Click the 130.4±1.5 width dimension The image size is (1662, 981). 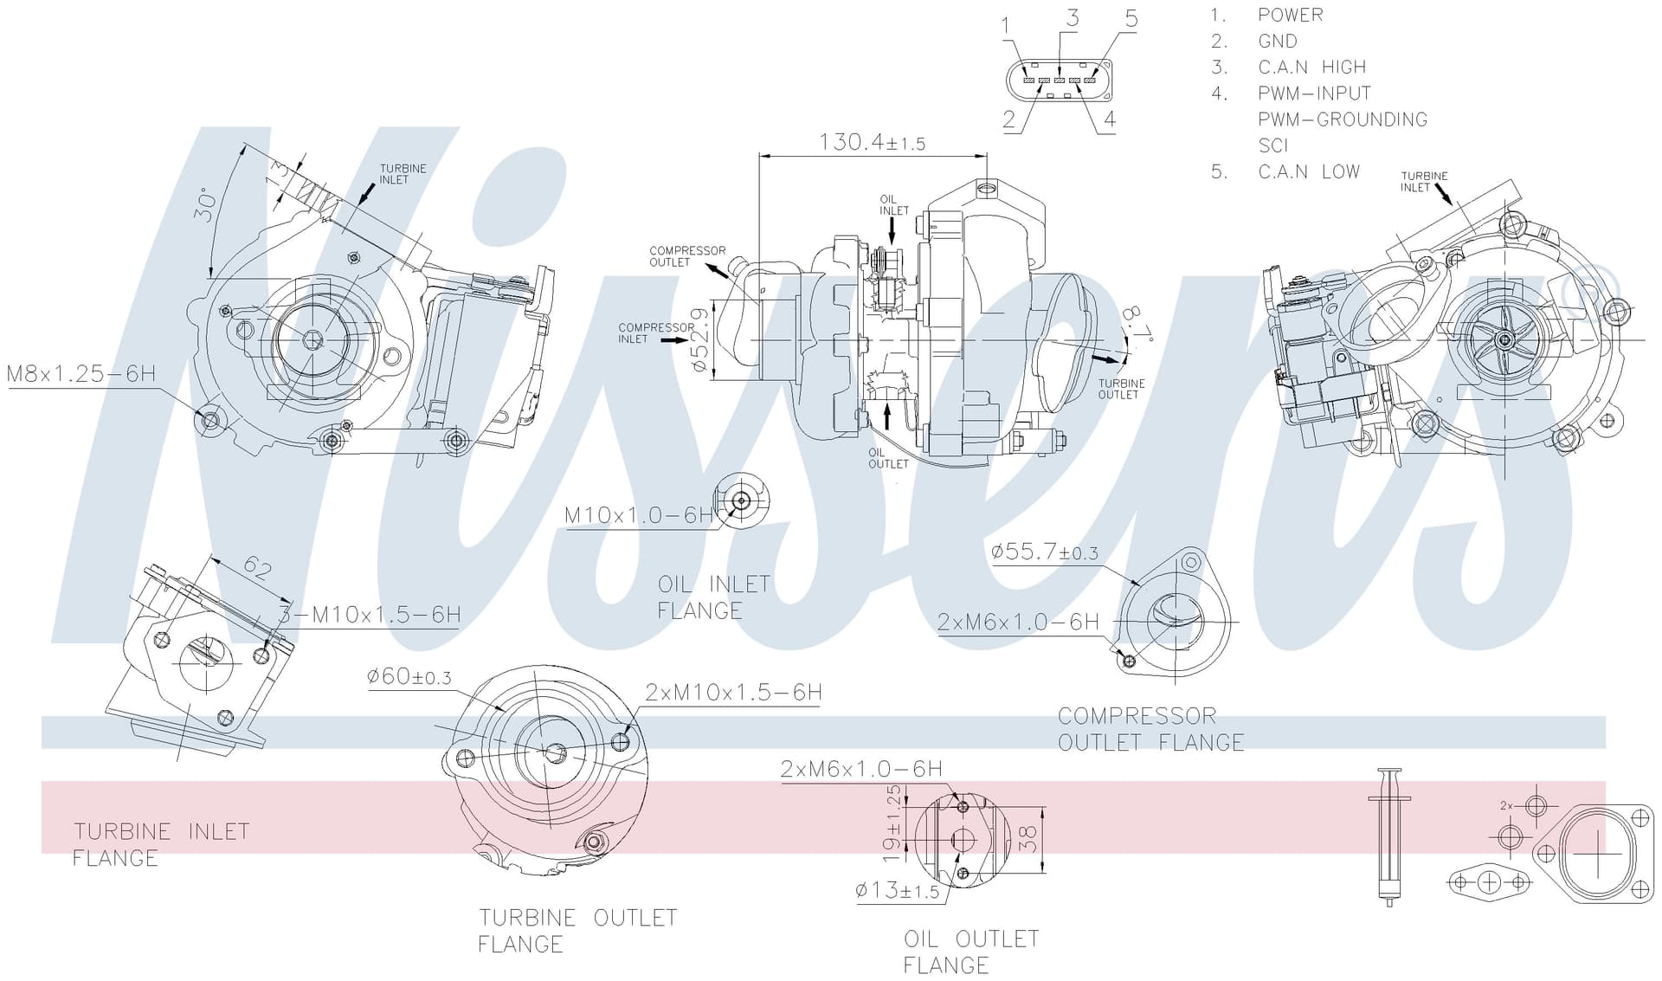pyautogui.click(x=872, y=142)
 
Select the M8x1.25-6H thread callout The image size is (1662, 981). pyautogui.click(x=81, y=374)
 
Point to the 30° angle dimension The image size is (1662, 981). pyautogui.click(x=205, y=204)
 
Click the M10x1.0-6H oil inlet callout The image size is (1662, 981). pyautogui.click(x=639, y=515)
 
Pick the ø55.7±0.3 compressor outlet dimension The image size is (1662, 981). pyautogui.click(x=1045, y=552)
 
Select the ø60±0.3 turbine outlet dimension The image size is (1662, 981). pyautogui.click(x=409, y=675)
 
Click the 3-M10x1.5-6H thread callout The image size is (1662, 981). pyautogui.click(x=370, y=615)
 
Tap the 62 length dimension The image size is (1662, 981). pyautogui.click(x=257, y=567)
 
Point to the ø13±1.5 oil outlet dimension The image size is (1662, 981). pyautogui.click(x=897, y=890)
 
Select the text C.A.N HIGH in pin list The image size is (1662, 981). pyautogui.click(x=1311, y=68)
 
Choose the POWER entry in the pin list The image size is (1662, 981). pyautogui.click(x=1290, y=15)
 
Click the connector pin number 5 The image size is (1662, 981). pyautogui.click(x=1131, y=18)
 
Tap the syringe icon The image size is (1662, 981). pyautogui.click(x=1389, y=836)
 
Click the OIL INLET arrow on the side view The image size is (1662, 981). pyautogui.click(x=892, y=229)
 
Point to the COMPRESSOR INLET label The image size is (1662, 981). pyautogui.click(x=655, y=333)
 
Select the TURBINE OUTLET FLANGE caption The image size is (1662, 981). pyautogui.click(x=577, y=931)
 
